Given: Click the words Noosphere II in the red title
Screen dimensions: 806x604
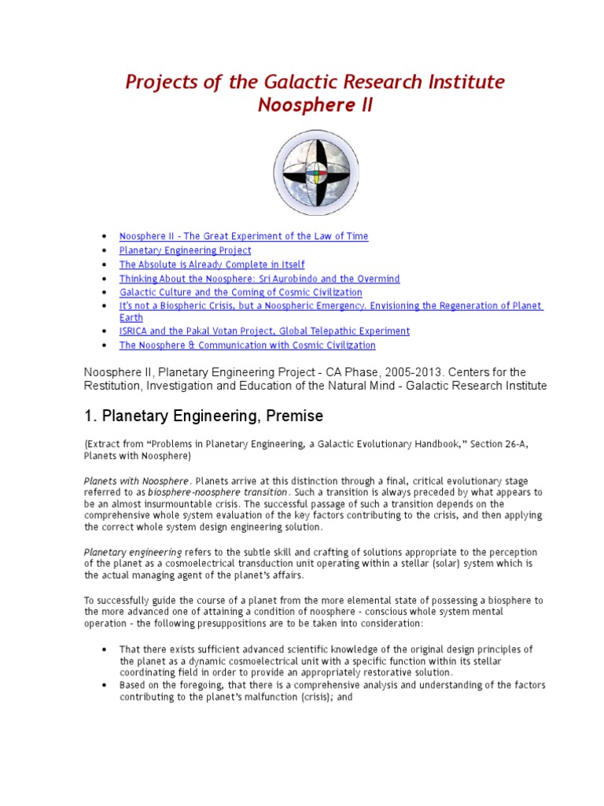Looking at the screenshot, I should (315, 105).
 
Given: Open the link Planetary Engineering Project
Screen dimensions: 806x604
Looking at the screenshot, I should (185, 250).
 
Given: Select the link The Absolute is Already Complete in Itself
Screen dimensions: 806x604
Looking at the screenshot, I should (212, 264).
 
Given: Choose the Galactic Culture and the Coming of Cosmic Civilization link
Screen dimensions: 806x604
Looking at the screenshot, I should (241, 292).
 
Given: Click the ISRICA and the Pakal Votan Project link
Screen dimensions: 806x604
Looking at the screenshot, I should (264, 331).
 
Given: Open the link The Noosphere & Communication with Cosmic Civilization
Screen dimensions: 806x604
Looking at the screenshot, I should (247, 345).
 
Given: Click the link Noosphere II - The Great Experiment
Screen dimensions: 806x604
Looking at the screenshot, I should (243, 236).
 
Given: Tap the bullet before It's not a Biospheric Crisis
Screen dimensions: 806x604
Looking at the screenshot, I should (105, 305).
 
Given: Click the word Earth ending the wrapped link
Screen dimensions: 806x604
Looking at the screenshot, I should (131, 318).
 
